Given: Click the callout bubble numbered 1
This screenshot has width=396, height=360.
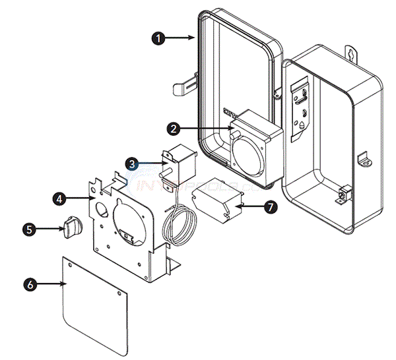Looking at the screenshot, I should (x=158, y=39).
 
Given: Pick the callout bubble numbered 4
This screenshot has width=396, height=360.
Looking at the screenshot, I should (x=59, y=197).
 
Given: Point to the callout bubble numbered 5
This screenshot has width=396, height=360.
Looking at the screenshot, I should (x=28, y=229).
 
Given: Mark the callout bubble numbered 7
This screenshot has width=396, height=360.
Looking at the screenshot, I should (x=269, y=206).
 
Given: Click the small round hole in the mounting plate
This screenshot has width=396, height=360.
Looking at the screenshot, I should (x=104, y=210).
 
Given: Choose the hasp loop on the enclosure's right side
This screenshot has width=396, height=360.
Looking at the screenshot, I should (x=362, y=160).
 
